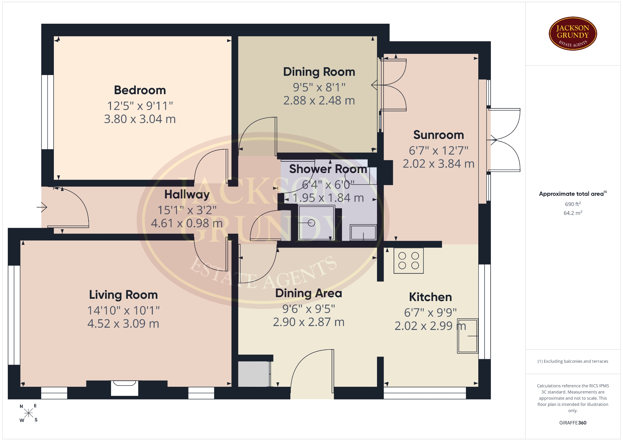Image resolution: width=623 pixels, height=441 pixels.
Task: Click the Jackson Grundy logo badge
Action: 573,34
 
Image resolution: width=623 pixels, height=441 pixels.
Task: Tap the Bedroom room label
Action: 140,90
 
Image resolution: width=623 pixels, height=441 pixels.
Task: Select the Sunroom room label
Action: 438,135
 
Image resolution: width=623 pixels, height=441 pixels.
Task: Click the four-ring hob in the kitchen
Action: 409,260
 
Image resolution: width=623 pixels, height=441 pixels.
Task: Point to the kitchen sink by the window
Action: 468,336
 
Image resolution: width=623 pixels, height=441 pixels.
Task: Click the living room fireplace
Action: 125,388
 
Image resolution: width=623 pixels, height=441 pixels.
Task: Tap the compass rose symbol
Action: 29,413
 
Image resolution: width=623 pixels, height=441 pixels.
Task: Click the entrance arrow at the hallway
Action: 42,207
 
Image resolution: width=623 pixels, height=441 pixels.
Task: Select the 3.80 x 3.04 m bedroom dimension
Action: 140,119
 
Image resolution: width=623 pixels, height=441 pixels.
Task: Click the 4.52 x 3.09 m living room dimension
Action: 123,324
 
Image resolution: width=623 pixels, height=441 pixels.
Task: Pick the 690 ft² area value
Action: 573,204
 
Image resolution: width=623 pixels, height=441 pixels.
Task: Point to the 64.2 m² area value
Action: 573,213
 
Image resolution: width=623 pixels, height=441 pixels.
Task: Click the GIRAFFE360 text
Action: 573,423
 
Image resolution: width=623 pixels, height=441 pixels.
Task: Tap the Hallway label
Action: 187,195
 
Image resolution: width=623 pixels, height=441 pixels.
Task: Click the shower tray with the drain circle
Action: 316,223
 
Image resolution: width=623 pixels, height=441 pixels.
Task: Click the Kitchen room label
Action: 430,297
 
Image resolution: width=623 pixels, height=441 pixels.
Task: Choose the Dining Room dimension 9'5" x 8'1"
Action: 319,87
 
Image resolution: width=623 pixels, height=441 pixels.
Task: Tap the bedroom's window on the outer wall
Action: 47,112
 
